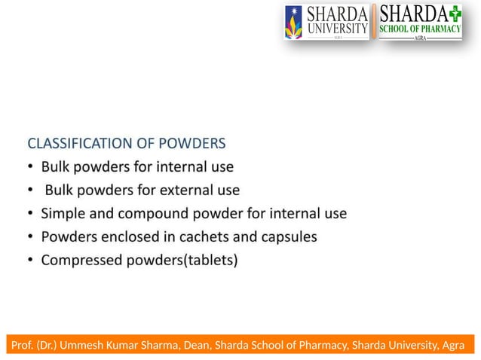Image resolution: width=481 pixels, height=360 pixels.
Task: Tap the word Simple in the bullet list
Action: tap(63, 213)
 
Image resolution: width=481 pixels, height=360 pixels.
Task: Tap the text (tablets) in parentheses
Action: tap(210, 261)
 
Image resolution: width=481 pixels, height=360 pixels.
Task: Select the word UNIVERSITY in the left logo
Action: tap(336, 29)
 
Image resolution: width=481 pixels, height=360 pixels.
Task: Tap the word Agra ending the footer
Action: tap(455, 346)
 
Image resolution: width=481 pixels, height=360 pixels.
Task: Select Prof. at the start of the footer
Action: tap(23, 346)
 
